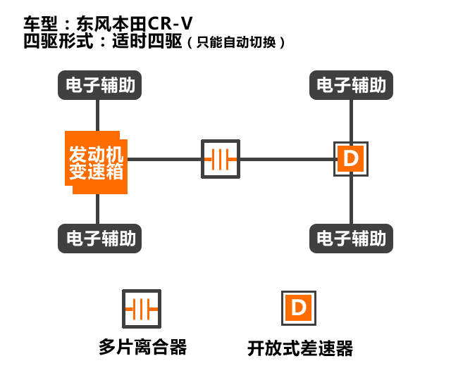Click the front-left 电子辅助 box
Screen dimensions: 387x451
pyautogui.click(x=98, y=86)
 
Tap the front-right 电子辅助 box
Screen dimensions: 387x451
pyautogui.click(x=351, y=86)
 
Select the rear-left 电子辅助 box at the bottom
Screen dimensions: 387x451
pyautogui.click(x=98, y=238)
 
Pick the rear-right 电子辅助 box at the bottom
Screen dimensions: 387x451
pyautogui.click(x=351, y=238)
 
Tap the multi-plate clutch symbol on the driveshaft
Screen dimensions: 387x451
pyautogui.click(x=221, y=159)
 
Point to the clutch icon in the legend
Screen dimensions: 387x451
pyautogui.click(x=141, y=307)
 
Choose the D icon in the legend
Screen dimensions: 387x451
pyautogui.click(x=299, y=307)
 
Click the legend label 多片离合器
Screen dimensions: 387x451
pyautogui.click(x=143, y=347)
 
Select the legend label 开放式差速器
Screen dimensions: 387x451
pyautogui.click(x=299, y=348)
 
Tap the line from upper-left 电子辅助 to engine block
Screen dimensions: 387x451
pyautogui.click(x=98, y=114)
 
